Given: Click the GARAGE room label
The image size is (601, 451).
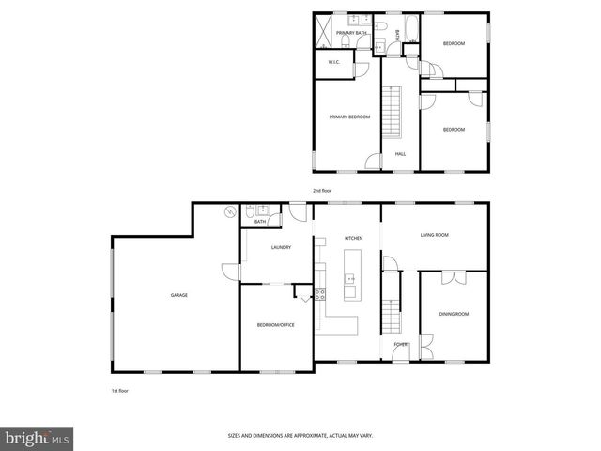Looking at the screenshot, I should [178, 295].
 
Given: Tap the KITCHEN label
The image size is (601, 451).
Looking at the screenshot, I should [353, 239].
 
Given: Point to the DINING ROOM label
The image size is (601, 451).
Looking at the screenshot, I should [454, 314].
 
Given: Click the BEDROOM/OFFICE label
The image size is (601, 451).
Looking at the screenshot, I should [276, 325].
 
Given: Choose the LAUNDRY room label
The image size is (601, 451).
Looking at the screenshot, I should [281, 248].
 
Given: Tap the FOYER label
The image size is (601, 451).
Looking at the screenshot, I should [401, 345].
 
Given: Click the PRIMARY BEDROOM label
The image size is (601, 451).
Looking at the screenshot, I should [349, 117].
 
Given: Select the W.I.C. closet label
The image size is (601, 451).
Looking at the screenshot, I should [333, 63].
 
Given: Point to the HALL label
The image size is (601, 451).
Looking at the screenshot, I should [400, 154].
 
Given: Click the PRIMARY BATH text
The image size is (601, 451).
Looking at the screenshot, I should [351, 33].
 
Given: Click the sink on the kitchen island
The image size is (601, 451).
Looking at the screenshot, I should [350, 278].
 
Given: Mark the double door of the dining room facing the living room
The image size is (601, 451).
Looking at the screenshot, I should [454, 276].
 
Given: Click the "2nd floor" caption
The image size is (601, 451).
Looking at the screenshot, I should [322, 191].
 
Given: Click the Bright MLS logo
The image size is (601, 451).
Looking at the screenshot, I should [38, 438].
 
